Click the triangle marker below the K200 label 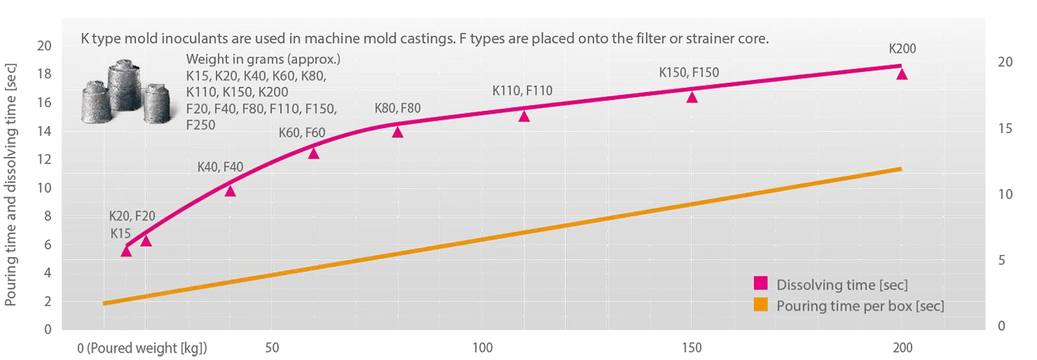(x=902, y=73)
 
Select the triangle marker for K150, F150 (x=692, y=97)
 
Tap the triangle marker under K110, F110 (x=524, y=116)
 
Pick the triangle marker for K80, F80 (x=398, y=132)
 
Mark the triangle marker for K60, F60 (x=313, y=153)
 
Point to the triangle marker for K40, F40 (x=230, y=191)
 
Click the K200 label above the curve (x=902, y=50)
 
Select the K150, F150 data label (x=689, y=72)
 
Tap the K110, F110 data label (x=522, y=91)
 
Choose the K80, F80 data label (x=398, y=109)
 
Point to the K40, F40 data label (x=220, y=167)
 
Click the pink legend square (x=760, y=283)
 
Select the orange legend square (x=760, y=304)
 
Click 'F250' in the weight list (x=201, y=125)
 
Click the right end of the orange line (x=901, y=168)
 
